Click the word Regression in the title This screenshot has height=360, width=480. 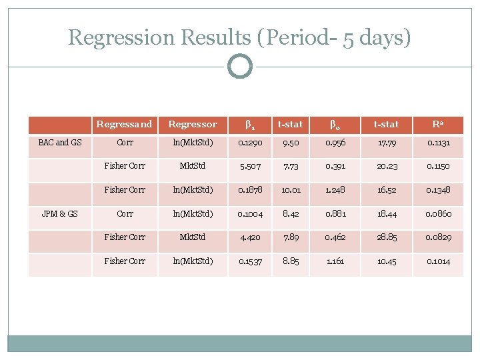tap(111, 37)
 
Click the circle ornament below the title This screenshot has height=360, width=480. tap(240, 67)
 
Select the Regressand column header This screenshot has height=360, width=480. tap(124, 124)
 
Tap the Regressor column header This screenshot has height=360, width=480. tap(193, 124)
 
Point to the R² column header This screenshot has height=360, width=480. tap(439, 124)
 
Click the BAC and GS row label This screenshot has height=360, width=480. tap(60, 143)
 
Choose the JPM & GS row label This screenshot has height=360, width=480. tap(60, 214)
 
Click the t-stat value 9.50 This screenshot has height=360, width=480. tap(290, 143)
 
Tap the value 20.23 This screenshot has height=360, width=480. tap(387, 166)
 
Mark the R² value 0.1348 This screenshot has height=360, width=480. tap(439, 190)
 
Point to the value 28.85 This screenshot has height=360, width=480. tap(387, 237)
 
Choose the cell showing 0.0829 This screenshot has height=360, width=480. tap(439, 237)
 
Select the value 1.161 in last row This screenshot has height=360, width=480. tap(335, 261)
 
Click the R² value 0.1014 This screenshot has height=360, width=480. tap(439, 261)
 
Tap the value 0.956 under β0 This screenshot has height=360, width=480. tap(335, 143)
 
